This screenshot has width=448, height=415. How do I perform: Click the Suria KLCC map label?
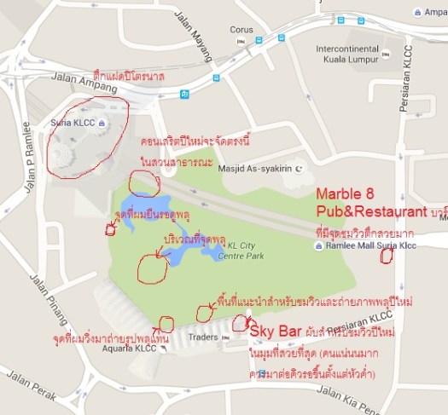73,123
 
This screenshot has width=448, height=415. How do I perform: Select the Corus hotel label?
241,29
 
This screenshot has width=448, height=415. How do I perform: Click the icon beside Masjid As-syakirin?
299,169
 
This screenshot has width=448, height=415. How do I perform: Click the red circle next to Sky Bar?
240,323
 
